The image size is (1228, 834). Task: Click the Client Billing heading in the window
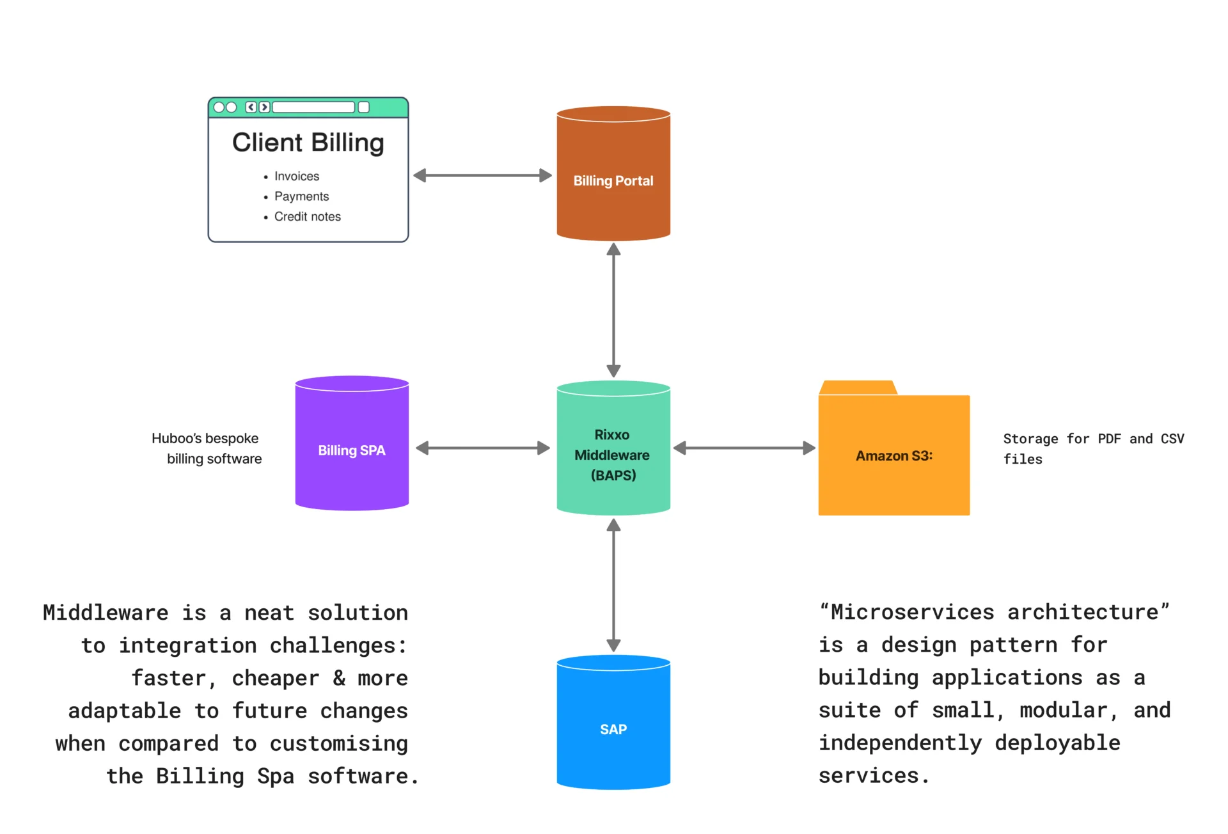[308, 143]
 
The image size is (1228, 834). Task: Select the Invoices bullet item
[296, 176]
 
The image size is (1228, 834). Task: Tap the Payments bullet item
[301, 196]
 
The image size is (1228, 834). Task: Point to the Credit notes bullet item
[307, 217]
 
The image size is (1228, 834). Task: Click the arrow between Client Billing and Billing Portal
[482, 175]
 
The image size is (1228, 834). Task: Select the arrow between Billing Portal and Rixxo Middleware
[613, 310]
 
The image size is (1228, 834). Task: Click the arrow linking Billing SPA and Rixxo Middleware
[482, 448]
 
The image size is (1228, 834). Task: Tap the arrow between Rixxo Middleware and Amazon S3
[744, 448]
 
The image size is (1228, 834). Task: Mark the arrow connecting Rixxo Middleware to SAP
[613, 585]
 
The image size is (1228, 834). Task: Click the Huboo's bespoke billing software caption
[207, 448]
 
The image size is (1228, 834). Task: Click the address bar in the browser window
[313, 107]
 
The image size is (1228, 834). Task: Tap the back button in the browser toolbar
[251, 107]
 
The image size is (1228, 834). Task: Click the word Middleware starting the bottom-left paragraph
[106, 612]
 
